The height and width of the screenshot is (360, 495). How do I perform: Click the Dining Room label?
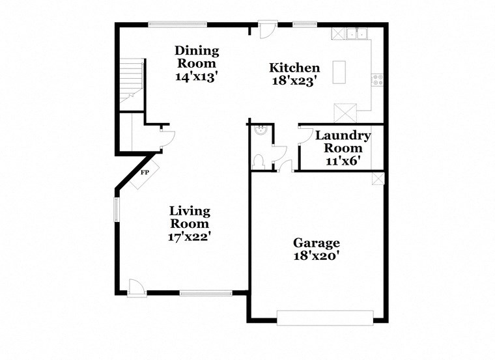[x=197, y=57]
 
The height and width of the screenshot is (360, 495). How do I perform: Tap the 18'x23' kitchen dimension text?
[x=294, y=81]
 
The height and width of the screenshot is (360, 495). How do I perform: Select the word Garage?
[x=315, y=243]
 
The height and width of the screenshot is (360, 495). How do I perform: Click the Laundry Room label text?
[x=343, y=142]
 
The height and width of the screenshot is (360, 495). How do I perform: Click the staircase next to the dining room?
[x=131, y=81]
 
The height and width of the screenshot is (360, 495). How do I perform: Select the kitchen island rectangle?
[x=339, y=72]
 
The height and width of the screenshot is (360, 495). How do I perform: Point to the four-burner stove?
[x=377, y=80]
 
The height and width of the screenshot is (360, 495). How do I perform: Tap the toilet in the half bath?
[x=259, y=159]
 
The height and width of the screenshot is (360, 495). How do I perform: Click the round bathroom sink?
[x=261, y=130]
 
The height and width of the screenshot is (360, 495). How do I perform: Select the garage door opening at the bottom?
[x=325, y=318]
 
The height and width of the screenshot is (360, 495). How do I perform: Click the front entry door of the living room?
[x=136, y=287]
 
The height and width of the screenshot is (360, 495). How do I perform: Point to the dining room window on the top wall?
[x=177, y=25]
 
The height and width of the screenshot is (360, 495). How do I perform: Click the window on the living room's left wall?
[x=117, y=210]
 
